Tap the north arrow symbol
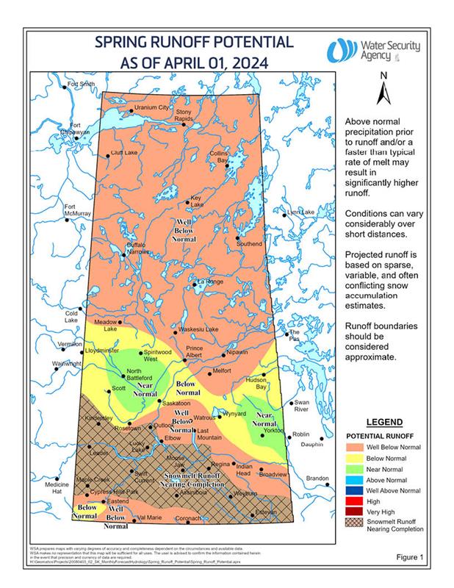(x=382, y=94)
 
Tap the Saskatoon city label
(x=176, y=404)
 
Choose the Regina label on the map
(x=220, y=464)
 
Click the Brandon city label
(x=317, y=478)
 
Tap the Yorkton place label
(x=273, y=431)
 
